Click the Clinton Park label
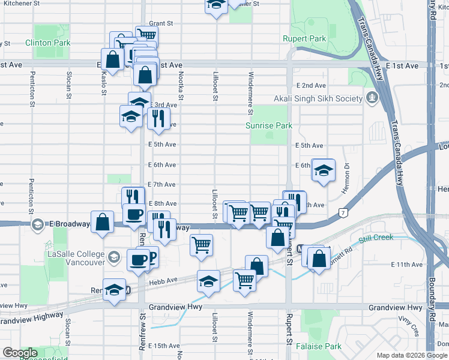point(47,43)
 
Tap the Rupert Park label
point(304,38)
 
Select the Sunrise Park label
point(269,125)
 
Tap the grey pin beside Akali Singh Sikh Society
point(373,97)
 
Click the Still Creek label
point(376,238)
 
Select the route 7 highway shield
point(342,212)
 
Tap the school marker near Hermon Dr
point(323,170)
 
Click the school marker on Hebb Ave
point(208,281)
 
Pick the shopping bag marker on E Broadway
point(103,221)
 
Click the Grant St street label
point(161,23)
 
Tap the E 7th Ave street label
point(161,184)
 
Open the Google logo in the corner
point(20,353)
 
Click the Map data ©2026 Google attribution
point(411,355)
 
